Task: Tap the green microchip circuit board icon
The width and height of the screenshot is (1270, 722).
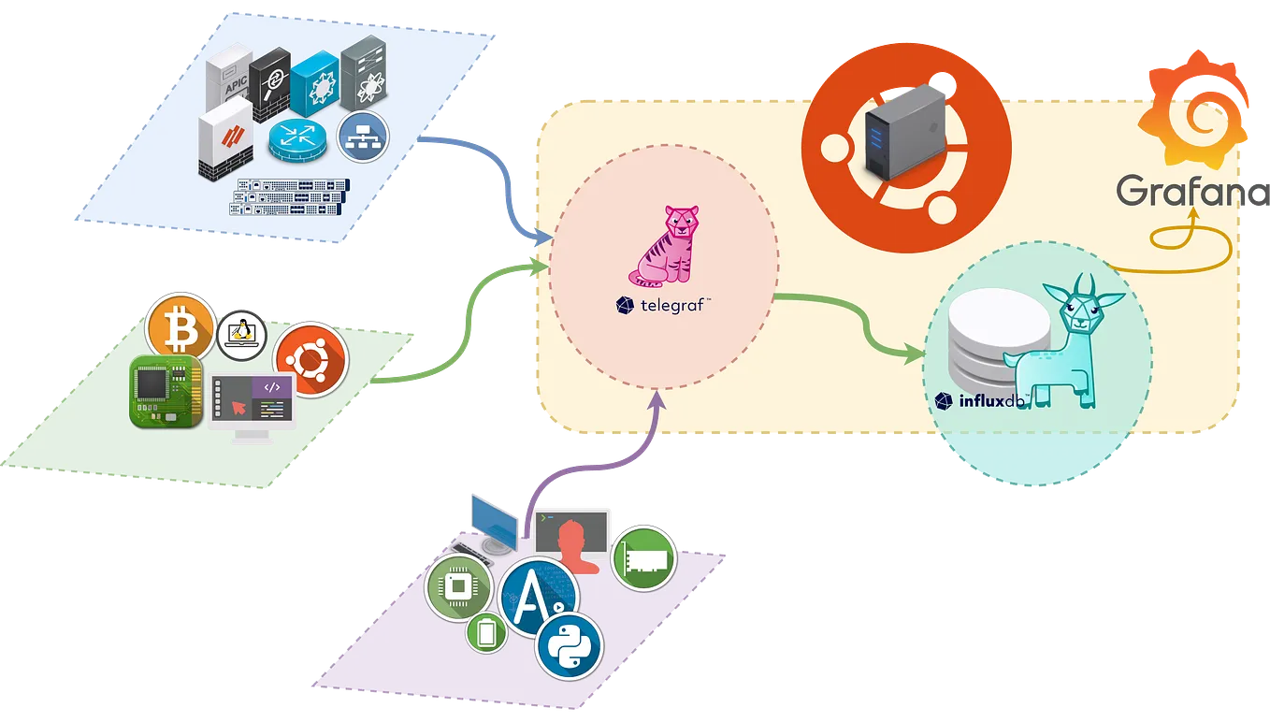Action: tap(166, 391)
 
